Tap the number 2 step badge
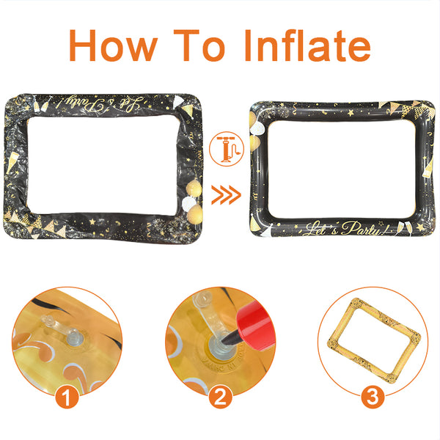tap(220, 399)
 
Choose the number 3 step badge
tap(373, 399)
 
